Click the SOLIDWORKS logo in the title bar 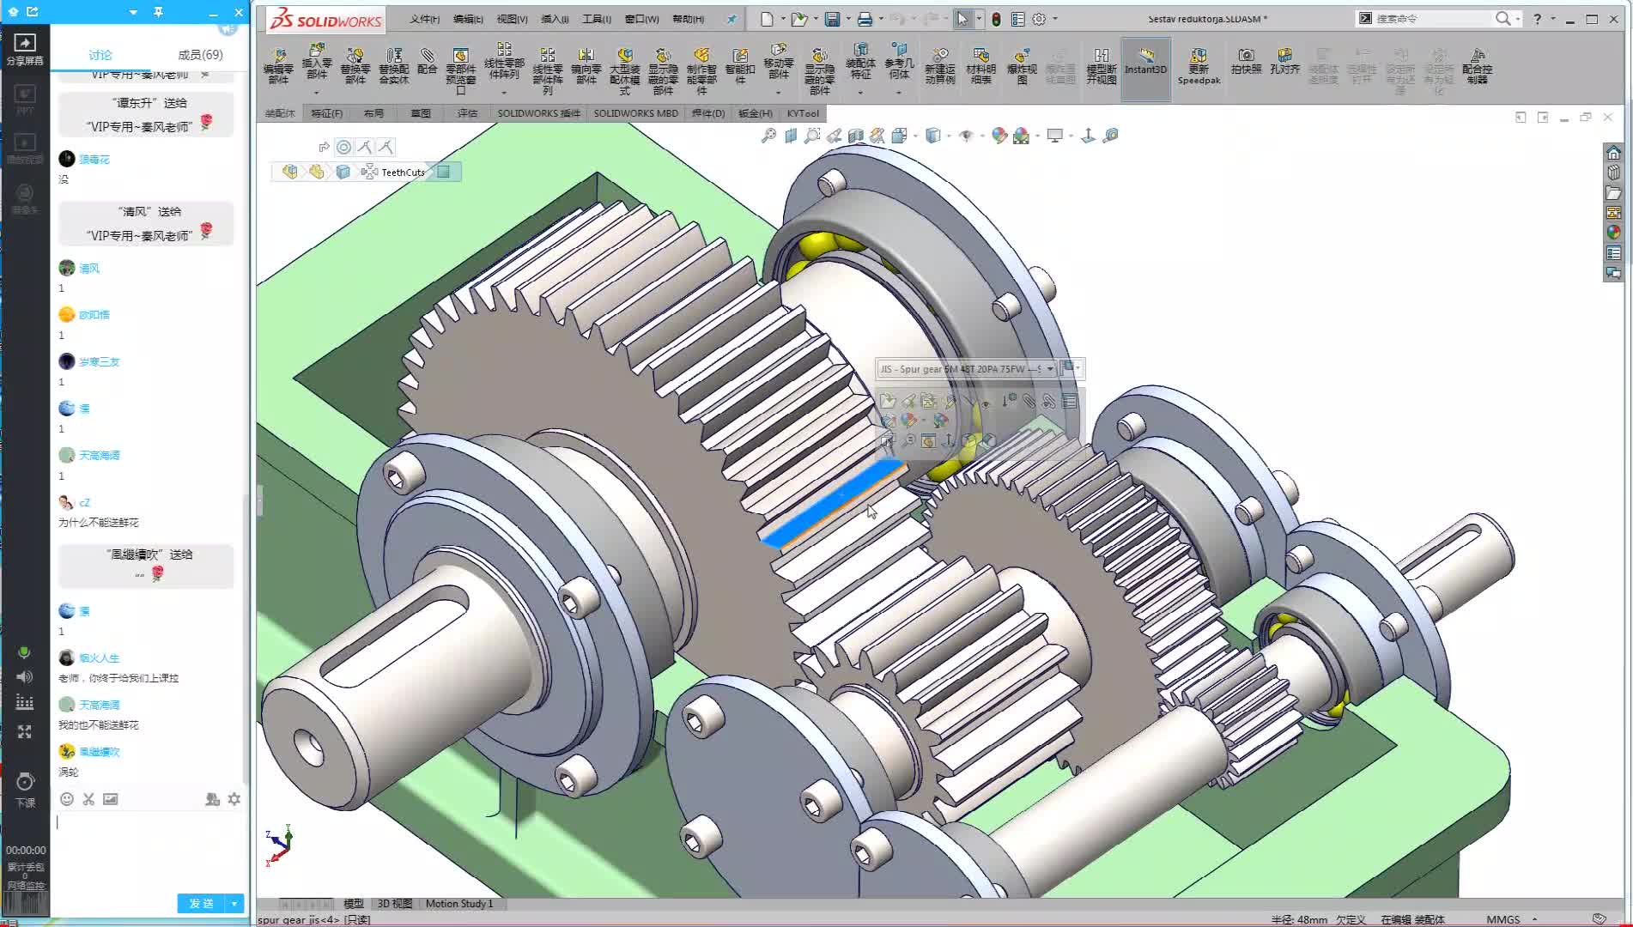pyautogui.click(x=325, y=20)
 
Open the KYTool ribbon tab pyautogui.click(x=803, y=113)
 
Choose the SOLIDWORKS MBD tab pyautogui.click(x=635, y=113)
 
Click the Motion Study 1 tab pyautogui.click(x=458, y=904)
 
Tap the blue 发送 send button pyautogui.click(x=201, y=903)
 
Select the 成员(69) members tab pyautogui.click(x=200, y=55)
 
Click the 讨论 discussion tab pyautogui.click(x=100, y=55)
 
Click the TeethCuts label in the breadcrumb pyautogui.click(x=403, y=173)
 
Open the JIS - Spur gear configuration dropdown pyautogui.click(x=1049, y=369)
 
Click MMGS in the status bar pyautogui.click(x=1502, y=919)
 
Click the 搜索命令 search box pyautogui.click(x=1430, y=19)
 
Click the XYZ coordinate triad pyautogui.click(x=279, y=845)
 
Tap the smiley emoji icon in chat pyautogui.click(x=67, y=799)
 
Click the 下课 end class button pyautogui.click(x=25, y=789)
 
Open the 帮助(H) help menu pyautogui.click(x=688, y=19)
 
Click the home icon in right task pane pyautogui.click(x=1613, y=153)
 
